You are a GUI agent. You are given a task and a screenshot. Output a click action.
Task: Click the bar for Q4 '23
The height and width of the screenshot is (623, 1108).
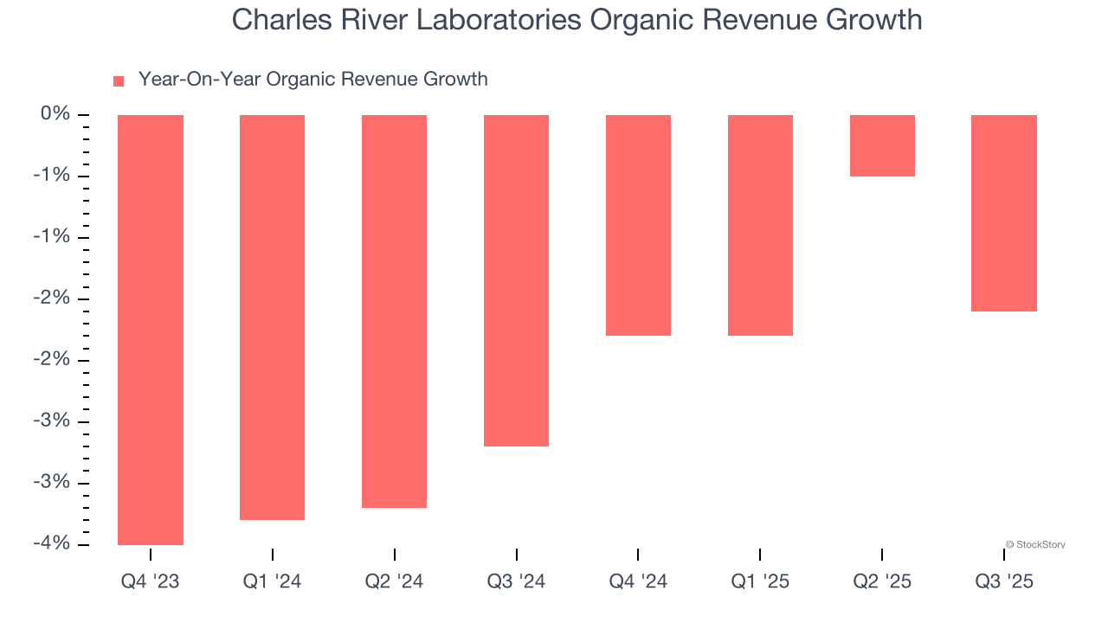coord(151,330)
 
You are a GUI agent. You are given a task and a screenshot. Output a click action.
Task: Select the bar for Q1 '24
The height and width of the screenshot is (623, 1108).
coord(272,318)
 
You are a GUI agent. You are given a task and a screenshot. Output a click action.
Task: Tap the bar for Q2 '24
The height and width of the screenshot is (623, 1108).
coord(394,311)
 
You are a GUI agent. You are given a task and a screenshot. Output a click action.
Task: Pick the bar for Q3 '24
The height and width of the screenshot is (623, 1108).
coord(516,280)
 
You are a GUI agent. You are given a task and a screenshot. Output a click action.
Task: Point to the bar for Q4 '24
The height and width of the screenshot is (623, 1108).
coord(638,225)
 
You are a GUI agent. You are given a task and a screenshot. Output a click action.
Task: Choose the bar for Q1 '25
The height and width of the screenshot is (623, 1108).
coord(760,225)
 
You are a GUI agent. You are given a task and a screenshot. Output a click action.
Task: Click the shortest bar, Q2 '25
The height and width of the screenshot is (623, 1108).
coord(882,145)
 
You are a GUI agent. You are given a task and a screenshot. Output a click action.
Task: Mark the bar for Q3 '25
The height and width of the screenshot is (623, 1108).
coord(1004,213)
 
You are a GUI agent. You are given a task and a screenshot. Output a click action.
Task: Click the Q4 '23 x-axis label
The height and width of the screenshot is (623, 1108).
coord(151,582)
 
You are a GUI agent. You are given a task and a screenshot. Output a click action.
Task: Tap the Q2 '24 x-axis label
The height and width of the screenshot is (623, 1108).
coord(394,582)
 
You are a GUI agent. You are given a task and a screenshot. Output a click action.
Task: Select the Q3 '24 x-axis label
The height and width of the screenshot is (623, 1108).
coord(516,582)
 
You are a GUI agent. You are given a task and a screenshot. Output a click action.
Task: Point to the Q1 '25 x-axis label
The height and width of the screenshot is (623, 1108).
coord(760,582)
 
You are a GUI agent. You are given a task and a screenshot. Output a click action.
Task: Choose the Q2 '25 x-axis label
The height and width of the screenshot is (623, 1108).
coord(882,582)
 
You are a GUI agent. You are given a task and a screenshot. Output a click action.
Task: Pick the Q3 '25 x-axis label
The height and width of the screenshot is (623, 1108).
coord(1004,582)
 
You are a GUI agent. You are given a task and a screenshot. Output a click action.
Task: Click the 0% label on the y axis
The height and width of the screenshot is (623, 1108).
coord(55,114)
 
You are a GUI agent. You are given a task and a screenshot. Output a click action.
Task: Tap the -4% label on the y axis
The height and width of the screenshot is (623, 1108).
coord(52,543)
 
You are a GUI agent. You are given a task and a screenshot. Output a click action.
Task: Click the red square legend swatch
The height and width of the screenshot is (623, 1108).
coord(119,81)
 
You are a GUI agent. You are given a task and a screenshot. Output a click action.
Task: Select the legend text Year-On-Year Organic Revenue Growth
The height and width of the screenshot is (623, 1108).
coord(312,80)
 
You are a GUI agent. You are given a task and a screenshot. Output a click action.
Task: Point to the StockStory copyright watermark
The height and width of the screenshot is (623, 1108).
coord(1035,545)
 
